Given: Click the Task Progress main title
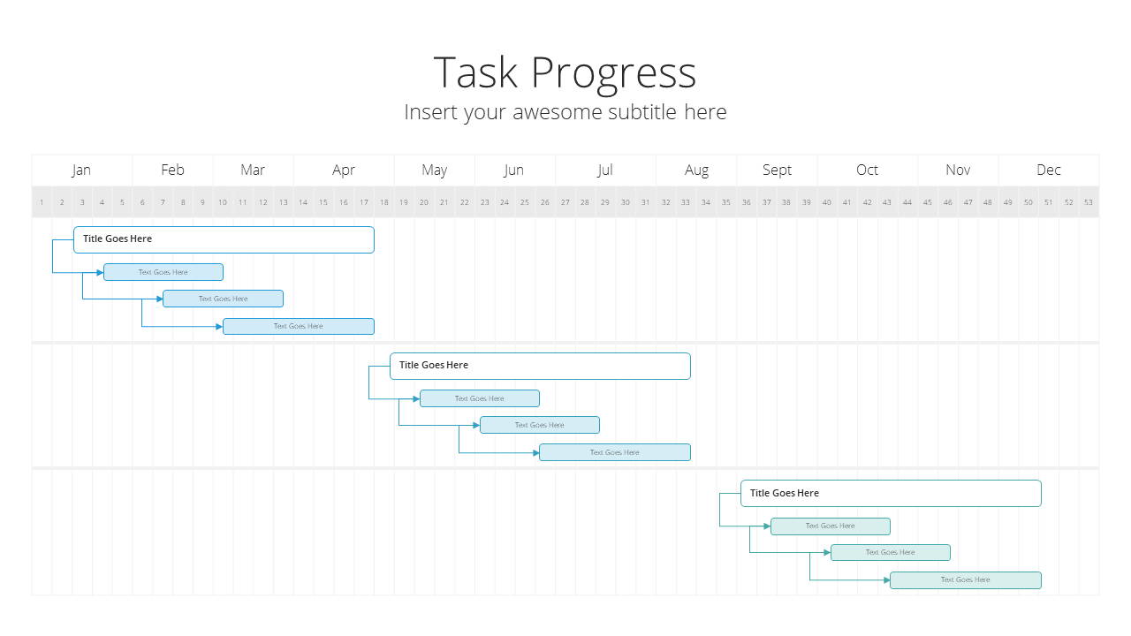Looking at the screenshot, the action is [x=565, y=73].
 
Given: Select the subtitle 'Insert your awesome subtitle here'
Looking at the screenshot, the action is [x=565, y=112].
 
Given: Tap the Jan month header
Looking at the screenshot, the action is [x=81, y=170].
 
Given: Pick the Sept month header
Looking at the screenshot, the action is [x=777, y=170].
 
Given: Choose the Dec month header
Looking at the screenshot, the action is [x=1048, y=170].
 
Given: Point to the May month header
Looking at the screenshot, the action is [x=434, y=170].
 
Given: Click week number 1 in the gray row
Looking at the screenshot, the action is [x=42, y=202].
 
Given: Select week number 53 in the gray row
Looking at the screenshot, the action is [x=1088, y=202].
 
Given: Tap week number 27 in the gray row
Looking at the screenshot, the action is [x=565, y=202].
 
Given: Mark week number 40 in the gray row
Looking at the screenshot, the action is [x=826, y=202].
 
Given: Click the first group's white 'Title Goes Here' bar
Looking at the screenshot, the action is [x=224, y=239].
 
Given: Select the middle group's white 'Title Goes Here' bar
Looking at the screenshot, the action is [x=540, y=366].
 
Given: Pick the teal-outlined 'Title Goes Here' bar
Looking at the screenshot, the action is [x=891, y=493].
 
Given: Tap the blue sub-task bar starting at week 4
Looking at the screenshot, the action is [x=163, y=272].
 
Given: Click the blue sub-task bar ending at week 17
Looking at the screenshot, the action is [x=299, y=326].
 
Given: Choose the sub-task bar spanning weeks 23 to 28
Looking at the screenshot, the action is [x=540, y=425].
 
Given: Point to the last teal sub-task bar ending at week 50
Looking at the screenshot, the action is [x=966, y=580].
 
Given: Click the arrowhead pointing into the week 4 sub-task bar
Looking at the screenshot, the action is [x=100, y=273].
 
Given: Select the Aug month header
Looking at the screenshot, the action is [x=696, y=170].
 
